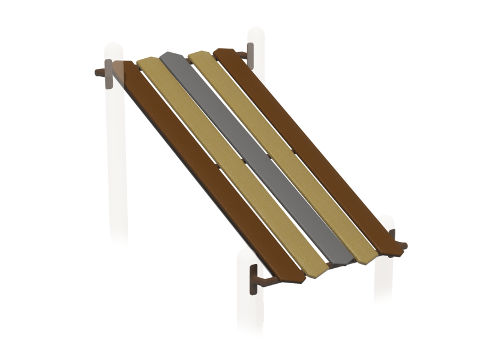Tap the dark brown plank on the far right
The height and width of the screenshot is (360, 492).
click(x=306, y=144)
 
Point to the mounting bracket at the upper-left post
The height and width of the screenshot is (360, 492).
click(x=109, y=74)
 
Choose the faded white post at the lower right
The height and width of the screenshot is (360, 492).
click(x=383, y=276)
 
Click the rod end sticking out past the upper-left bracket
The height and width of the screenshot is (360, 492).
click(x=98, y=73)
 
